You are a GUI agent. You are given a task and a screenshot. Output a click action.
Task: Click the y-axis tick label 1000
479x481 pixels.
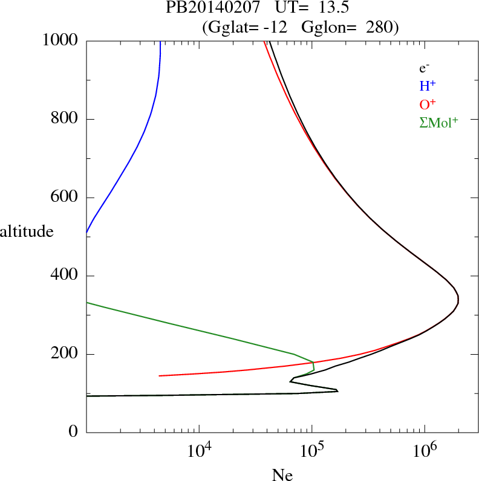point(60,40)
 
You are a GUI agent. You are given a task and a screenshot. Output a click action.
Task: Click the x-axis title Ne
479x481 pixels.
point(282,474)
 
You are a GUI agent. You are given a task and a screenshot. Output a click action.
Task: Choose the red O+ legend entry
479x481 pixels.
point(428,103)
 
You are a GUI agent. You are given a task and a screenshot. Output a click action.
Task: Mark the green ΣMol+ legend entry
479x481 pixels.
point(438,121)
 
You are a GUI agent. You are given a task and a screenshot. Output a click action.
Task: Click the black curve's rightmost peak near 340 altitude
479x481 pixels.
point(458,300)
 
